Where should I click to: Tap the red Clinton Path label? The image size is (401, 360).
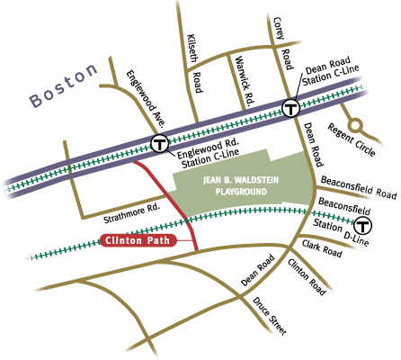(x=138, y=241)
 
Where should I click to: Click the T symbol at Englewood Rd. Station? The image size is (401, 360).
(x=160, y=142)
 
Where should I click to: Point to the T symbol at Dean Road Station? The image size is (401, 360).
(x=290, y=109)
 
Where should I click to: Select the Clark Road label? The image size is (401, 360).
(x=323, y=247)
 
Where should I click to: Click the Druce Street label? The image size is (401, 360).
(x=269, y=314)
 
